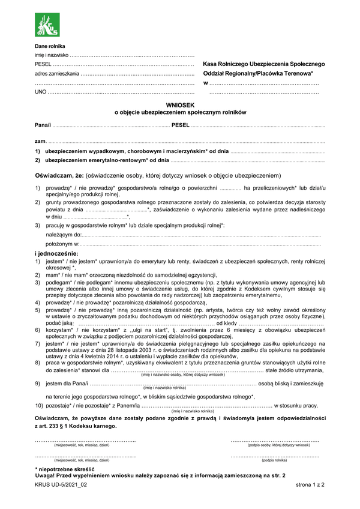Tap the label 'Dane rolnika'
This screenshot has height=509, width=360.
pos(50,46)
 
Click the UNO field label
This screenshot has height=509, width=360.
pos(40,92)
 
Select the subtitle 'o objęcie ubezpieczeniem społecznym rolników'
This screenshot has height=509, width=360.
pos(180,112)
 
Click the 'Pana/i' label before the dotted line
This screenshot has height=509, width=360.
pos(43,126)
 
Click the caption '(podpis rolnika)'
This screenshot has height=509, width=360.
pos(274,460)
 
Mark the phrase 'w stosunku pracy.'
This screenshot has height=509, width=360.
pos(295,406)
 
